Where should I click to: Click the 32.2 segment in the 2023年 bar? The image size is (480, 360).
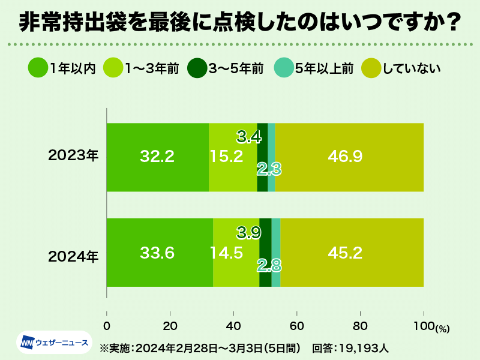[x=157, y=157]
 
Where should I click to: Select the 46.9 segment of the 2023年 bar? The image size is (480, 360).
[x=349, y=157]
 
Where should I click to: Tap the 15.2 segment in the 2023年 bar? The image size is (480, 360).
[x=233, y=157]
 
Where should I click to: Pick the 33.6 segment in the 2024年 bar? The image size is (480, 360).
[x=160, y=253]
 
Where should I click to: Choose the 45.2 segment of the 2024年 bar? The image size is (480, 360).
[x=352, y=253]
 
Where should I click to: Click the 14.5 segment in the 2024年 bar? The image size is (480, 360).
[x=236, y=253]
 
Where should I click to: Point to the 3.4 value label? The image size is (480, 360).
[x=248, y=137]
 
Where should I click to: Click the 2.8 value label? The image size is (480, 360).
[x=269, y=265]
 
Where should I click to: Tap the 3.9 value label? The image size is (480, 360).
[x=248, y=232]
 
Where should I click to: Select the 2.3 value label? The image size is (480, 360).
[x=269, y=169]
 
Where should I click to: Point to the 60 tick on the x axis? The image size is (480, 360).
[x=296, y=327]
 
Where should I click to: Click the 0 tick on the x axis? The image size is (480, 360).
[x=107, y=327]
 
